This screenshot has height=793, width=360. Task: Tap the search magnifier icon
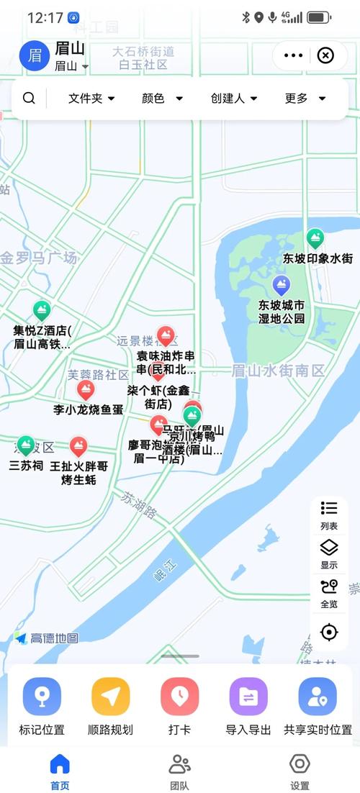tap(29, 98)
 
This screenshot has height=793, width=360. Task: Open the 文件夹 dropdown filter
tap(91, 98)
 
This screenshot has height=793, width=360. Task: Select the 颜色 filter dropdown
tap(162, 98)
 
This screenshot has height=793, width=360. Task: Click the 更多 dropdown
tap(305, 98)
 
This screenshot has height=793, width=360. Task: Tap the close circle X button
tap(325, 55)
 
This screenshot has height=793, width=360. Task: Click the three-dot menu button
tap(293, 55)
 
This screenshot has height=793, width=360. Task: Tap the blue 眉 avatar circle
tap(34, 55)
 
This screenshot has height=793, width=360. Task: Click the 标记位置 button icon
tap(42, 696)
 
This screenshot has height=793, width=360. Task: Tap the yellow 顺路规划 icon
tap(110, 696)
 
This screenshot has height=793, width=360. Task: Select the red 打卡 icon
tap(179, 696)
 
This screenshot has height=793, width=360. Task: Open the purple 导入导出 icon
tap(248, 696)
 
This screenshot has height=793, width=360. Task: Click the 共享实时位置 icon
tap(318, 696)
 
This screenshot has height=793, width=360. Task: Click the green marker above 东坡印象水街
tap(315, 238)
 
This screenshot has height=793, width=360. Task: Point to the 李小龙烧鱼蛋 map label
tap(89, 409)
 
